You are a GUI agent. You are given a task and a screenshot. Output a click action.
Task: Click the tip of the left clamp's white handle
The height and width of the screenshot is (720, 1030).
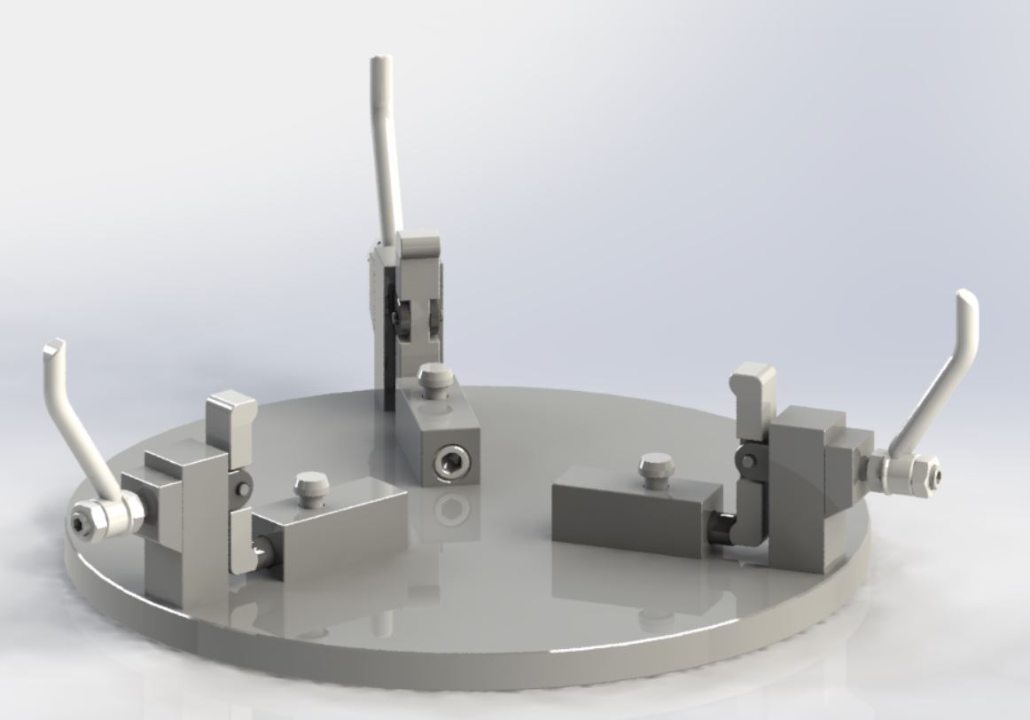coord(54,346)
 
